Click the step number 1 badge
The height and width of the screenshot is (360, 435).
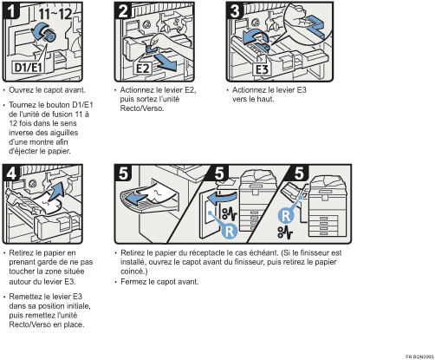tap(11, 11)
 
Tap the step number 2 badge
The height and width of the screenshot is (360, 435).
tap(123, 11)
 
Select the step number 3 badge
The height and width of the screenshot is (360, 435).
tap(235, 11)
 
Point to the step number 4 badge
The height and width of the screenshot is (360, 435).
tap(11, 173)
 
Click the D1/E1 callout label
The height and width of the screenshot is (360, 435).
tap(29, 67)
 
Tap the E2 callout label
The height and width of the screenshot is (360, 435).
tap(143, 69)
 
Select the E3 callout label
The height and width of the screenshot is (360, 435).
tap(262, 69)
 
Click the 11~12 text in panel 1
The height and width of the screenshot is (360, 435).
tap(55, 13)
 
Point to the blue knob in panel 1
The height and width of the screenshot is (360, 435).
tap(49, 36)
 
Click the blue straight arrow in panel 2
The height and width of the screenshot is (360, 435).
tap(166, 62)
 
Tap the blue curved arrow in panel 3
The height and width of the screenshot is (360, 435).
tap(256, 36)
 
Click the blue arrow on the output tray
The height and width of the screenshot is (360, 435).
tap(137, 199)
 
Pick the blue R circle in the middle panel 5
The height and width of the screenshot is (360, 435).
tap(230, 231)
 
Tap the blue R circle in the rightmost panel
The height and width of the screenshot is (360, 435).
tap(286, 216)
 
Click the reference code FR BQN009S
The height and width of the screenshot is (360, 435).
tap(419, 357)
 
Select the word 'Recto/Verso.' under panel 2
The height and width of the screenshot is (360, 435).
tap(142, 108)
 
